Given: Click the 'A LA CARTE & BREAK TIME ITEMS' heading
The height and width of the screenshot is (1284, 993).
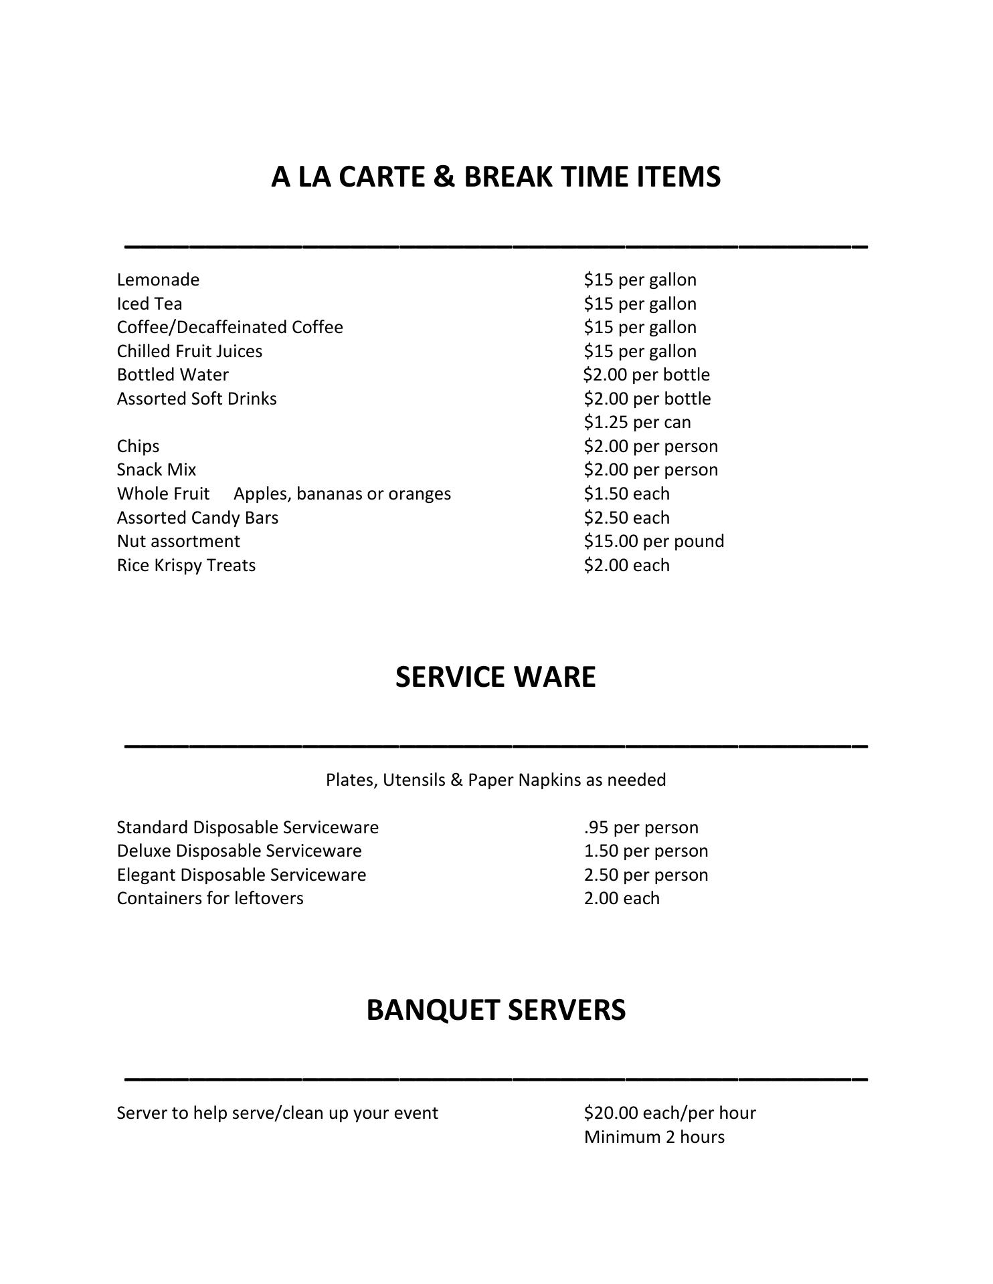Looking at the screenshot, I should click(496, 177).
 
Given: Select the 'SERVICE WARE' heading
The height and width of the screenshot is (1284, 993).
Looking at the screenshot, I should click(495, 677).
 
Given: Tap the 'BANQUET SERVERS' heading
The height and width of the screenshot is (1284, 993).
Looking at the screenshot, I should click(496, 1010).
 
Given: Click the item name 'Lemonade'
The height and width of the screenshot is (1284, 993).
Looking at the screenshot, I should click(158, 280).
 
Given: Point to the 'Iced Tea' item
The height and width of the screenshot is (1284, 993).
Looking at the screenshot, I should click(149, 304).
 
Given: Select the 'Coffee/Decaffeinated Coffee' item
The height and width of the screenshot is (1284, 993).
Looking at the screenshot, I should click(230, 327).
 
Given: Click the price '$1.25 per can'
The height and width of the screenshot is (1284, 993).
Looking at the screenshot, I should click(637, 422).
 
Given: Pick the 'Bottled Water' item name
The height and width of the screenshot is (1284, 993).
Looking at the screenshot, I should click(173, 374).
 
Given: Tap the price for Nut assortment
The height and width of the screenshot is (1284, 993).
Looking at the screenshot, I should click(654, 541).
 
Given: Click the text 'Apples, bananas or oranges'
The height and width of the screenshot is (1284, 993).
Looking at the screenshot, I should click(342, 494).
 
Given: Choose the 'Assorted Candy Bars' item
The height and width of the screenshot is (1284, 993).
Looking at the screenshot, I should click(197, 518).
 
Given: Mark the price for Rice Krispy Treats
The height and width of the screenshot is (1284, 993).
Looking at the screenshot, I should click(626, 565).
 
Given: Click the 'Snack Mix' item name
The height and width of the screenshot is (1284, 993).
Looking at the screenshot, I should click(157, 469).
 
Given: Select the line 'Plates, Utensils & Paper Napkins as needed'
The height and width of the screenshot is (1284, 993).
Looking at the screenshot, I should click(496, 780).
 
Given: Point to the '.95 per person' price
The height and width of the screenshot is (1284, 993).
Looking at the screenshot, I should click(641, 827).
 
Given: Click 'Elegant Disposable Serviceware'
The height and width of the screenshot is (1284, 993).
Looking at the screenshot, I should click(242, 875).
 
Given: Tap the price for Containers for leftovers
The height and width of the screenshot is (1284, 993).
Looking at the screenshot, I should click(622, 898).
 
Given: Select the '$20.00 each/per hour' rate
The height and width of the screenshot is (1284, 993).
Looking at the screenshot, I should click(670, 1113).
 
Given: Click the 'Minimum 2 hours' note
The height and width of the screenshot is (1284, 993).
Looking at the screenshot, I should click(654, 1137).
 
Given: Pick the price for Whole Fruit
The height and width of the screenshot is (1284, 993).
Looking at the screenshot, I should click(626, 494).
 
